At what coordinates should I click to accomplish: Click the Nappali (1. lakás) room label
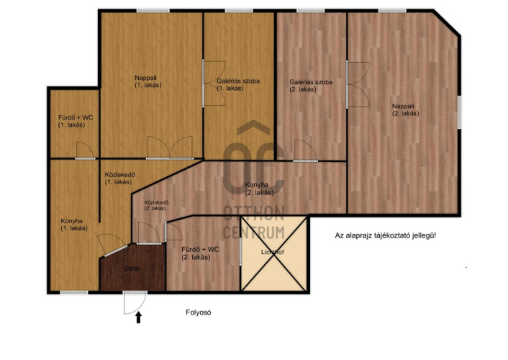point(148,81)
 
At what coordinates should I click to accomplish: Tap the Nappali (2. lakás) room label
point(405,109)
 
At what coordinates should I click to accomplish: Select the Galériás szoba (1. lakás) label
point(238,84)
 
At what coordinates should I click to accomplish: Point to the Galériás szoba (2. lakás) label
point(311,85)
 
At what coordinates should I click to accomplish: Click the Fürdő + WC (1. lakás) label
point(76,121)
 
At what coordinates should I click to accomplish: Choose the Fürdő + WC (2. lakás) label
point(200,253)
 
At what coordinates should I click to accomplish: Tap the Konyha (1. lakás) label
point(74,225)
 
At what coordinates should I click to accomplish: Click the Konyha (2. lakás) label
point(259,189)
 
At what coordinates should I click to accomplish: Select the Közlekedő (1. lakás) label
point(119,178)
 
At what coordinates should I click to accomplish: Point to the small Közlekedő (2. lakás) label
point(156,205)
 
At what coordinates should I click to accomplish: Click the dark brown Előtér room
point(132,268)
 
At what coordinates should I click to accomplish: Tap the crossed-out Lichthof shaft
point(273,253)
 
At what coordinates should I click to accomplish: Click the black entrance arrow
point(139,318)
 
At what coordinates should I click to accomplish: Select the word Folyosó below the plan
point(199,312)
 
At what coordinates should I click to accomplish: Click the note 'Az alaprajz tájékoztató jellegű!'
point(385,235)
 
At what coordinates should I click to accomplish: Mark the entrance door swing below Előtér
point(135,302)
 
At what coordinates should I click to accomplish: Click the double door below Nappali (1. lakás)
point(170,148)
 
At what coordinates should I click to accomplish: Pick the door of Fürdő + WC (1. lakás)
point(85,150)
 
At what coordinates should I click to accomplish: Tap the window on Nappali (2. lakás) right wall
point(459,112)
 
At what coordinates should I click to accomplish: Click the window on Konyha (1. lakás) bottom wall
point(74,292)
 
